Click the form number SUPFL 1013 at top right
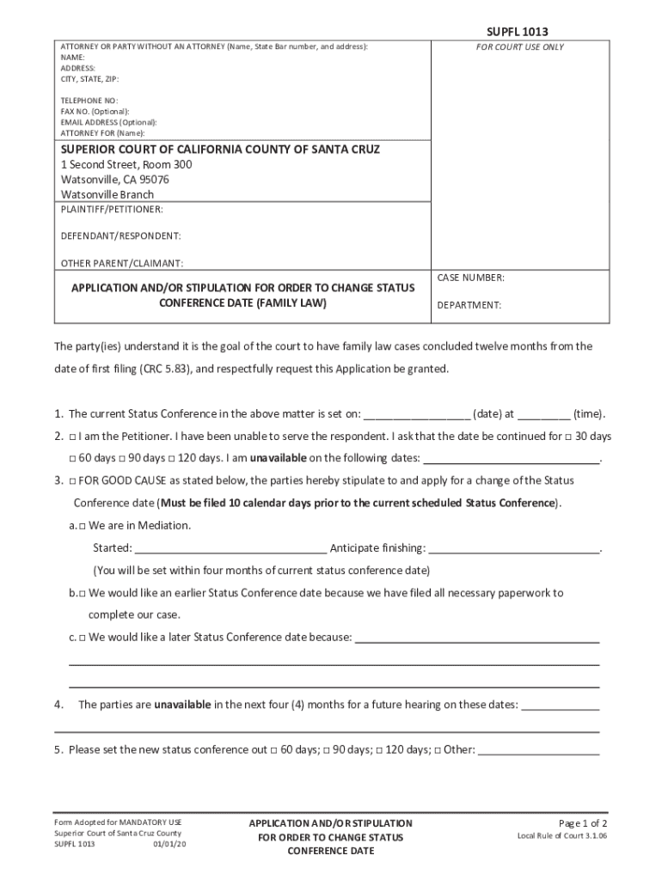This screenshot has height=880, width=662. [x=517, y=32]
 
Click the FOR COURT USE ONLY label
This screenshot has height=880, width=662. [x=520, y=47]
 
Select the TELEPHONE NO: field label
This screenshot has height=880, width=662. [x=89, y=101]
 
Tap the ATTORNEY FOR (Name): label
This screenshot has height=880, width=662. [x=102, y=133]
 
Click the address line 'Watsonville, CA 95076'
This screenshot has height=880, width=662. [x=114, y=180]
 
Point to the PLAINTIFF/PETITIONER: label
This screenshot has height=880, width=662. [x=111, y=210]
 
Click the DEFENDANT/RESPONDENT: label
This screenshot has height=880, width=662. [x=120, y=235]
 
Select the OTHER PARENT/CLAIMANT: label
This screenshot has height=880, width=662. [x=121, y=263]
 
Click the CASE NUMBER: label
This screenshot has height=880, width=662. [x=470, y=278]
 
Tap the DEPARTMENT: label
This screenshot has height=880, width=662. [x=469, y=305]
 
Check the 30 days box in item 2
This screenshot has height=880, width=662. [x=568, y=437]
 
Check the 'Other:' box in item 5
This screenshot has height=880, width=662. [x=438, y=750]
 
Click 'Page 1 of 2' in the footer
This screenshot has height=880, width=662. [x=583, y=822]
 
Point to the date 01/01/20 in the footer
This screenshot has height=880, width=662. [x=169, y=844]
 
